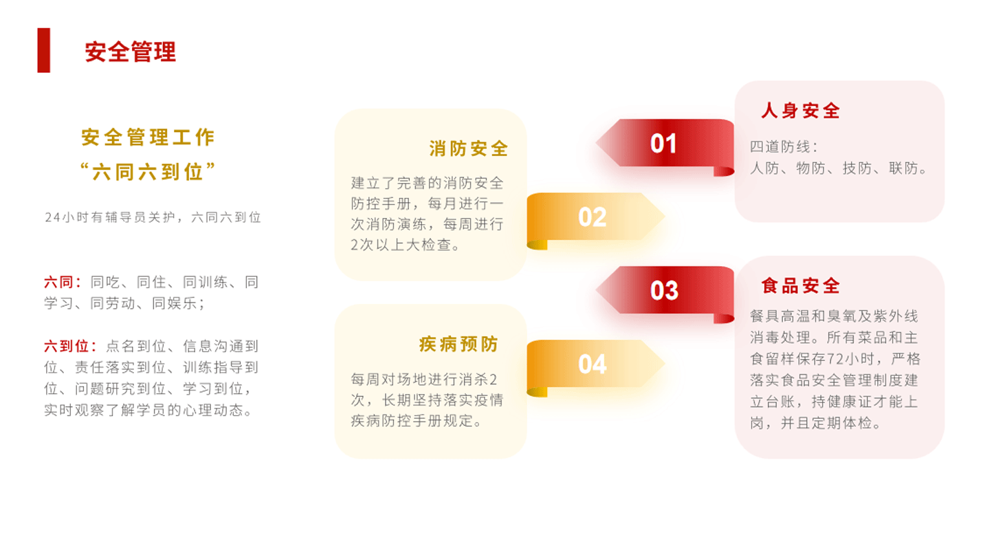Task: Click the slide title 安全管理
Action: (x=131, y=52)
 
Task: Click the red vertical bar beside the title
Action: (x=44, y=50)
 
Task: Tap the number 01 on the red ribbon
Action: (x=663, y=144)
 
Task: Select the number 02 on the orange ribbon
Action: (x=593, y=217)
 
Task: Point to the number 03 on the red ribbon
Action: (x=664, y=291)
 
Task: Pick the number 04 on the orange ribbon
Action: (x=593, y=364)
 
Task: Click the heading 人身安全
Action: (x=800, y=111)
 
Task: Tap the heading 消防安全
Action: (x=469, y=148)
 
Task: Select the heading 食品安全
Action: (x=800, y=286)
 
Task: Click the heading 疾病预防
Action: (x=459, y=344)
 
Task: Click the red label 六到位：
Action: (x=70, y=346)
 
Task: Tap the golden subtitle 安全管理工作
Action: (x=148, y=137)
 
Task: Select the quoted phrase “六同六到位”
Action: (x=148, y=171)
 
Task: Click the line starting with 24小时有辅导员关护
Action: (x=153, y=217)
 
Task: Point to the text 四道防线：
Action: (x=784, y=146)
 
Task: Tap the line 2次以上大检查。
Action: (x=405, y=245)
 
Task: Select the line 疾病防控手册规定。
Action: (x=417, y=421)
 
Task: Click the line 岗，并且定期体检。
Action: (x=815, y=423)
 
